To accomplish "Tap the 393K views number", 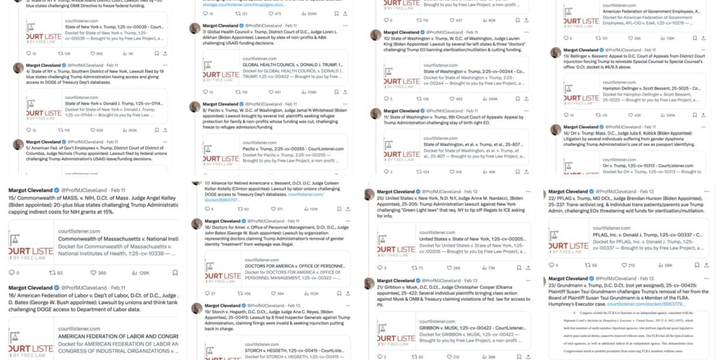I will (x=132, y=130).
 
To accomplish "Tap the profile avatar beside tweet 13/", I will (x=555, y=52).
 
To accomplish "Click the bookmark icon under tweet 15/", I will (x=175, y=273).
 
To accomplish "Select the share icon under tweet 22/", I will (x=709, y=265).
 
